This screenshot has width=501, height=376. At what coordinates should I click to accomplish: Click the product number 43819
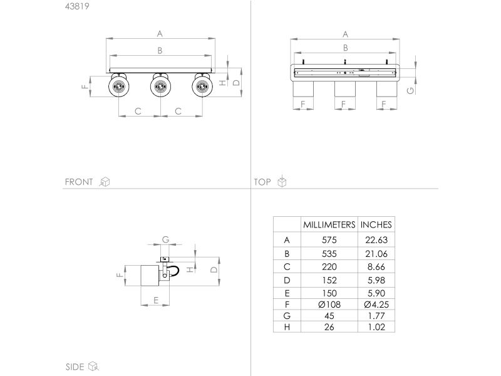tap(77, 6)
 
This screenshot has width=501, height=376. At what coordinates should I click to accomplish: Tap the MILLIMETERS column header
tap(329, 225)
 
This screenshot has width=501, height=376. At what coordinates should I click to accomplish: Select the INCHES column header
tap(376, 225)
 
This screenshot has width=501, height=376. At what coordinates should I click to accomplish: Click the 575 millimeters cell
tap(329, 240)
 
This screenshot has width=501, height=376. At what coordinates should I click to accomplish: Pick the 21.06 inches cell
tap(376, 254)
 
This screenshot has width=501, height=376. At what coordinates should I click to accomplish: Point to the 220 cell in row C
tap(329, 267)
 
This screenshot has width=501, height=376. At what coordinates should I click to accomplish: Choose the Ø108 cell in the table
tap(329, 305)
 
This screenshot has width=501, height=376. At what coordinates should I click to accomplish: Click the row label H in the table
tap(287, 327)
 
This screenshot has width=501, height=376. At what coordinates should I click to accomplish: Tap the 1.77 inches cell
tap(376, 316)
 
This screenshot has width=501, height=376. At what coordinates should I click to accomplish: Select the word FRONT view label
tap(79, 182)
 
